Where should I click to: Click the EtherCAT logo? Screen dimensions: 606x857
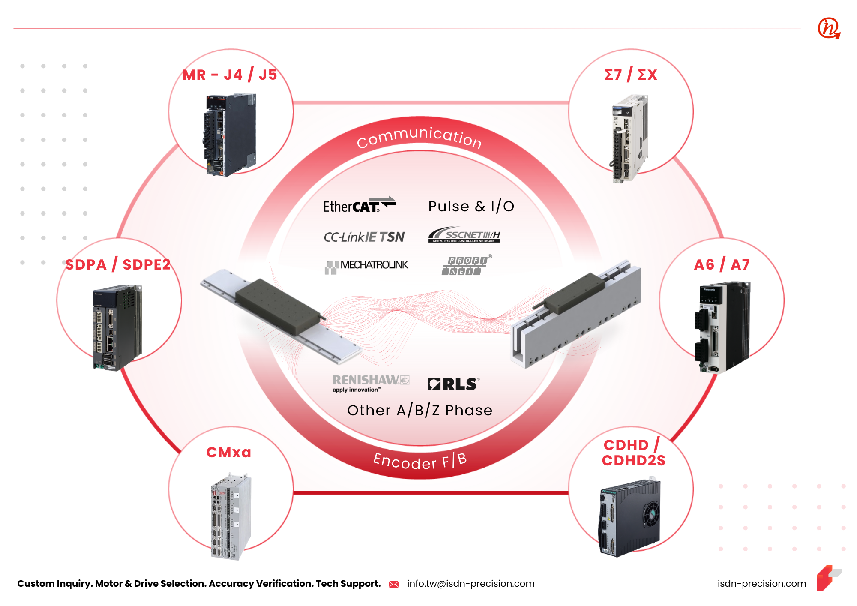coord(359,205)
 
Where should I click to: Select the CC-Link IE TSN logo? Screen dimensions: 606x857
coord(364,237)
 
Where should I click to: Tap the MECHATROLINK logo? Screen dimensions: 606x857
coord(366,266)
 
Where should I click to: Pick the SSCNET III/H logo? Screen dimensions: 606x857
coord(464,235)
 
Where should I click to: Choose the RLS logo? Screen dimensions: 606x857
coord(453,384)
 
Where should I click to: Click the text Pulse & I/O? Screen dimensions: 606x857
coord(471,207)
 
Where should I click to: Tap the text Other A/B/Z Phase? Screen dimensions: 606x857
coord(420,411)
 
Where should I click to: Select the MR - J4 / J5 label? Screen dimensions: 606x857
coord(230,75)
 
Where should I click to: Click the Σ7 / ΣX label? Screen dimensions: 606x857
coord(630,75)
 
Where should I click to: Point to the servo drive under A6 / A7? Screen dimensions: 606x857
coord(722,327)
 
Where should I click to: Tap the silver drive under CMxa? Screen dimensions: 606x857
coord(231,516)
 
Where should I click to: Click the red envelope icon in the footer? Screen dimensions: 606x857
coord(394,584)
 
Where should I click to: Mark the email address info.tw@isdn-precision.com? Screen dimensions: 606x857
coord(470,584)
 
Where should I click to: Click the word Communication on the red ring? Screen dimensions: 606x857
coord(419,137)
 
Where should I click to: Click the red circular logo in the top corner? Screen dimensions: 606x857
coord(829,28)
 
